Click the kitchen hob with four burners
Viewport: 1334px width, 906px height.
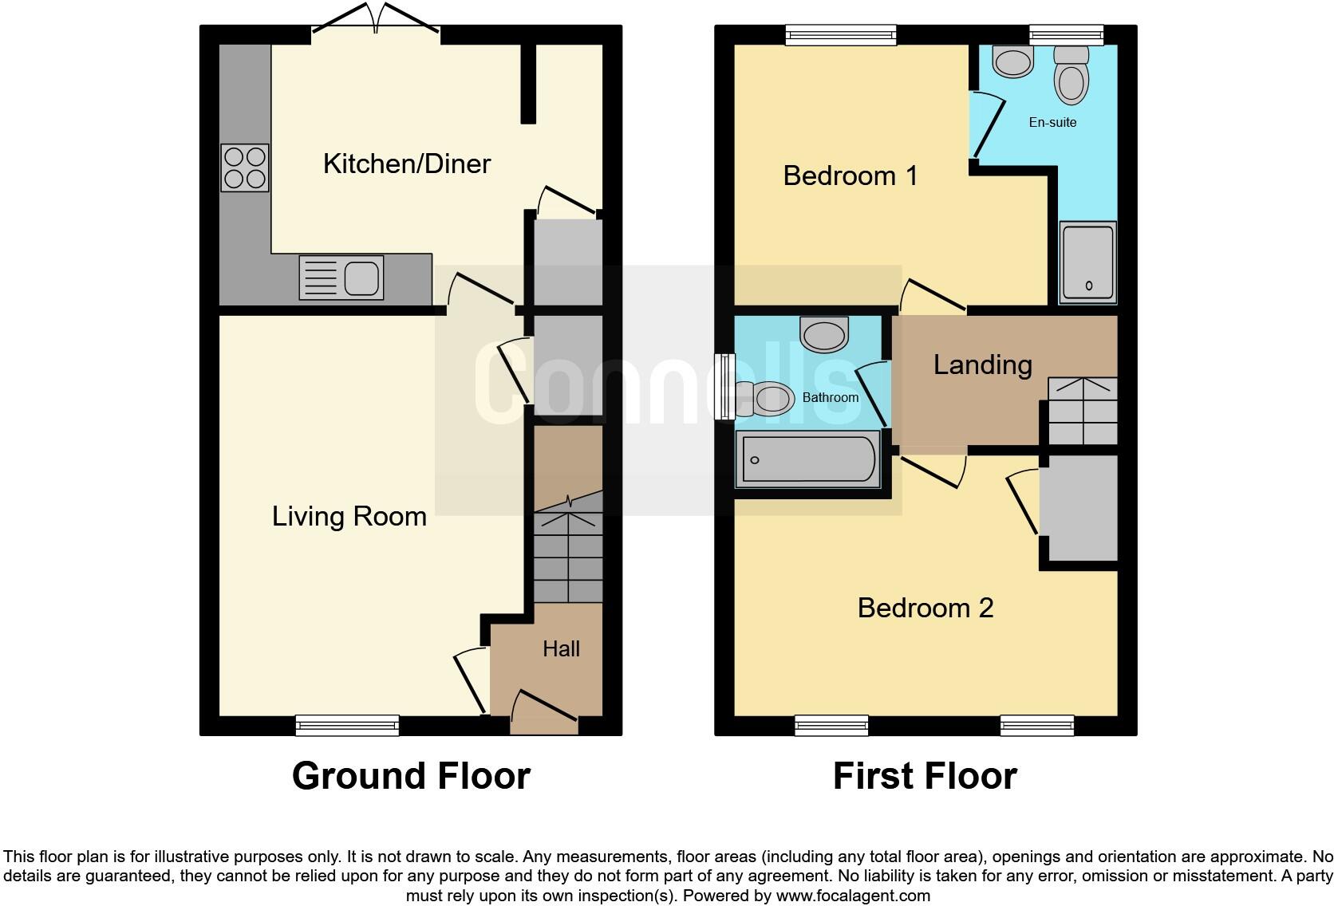[x=245, y=167]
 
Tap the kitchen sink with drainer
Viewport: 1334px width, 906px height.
[x=341, y=278]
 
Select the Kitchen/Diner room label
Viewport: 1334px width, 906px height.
[x=406, y=163]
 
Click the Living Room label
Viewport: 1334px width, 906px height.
[x=349, y=516]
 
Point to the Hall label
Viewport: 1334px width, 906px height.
[x=561, y=648]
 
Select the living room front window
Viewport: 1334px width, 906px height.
[x=347, y=725]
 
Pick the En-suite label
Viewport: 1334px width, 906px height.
[x=1052, y=122]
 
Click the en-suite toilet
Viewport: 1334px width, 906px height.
[x=1071, y=76]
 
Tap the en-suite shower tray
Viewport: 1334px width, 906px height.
[x=1087, y=262]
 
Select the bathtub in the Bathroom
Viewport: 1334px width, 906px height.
[x=808, y=459]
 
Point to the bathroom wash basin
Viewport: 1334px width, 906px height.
[x=824, y=334]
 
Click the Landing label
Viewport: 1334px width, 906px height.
[x=983, y=364]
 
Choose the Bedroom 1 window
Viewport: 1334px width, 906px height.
[x=841, y=34]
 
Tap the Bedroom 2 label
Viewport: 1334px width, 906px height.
[x=925, y=608]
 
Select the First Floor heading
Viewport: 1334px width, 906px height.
[x=925, y=775]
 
